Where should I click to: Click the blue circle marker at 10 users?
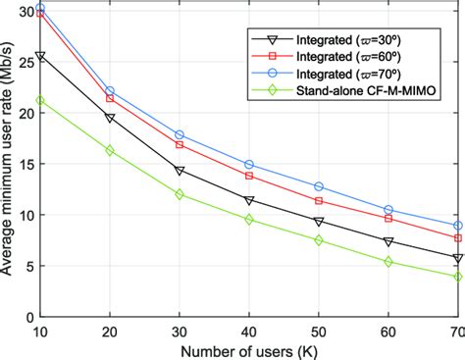coord(39,8)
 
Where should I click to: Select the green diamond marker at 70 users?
coord(458,277)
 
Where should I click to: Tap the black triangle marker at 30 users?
coord(180,171)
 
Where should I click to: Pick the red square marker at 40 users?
coord(249,176)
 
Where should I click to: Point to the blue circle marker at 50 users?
coord(319,186)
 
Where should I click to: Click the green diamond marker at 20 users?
coord(109,150)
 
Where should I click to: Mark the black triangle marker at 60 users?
coord(388,241)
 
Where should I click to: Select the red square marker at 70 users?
coord(458,238)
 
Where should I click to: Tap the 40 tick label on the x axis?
coord(249,329)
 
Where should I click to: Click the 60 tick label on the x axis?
coord(388,329)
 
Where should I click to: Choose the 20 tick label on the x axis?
coord(109,329)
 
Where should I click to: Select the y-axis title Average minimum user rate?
coord(9,162)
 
